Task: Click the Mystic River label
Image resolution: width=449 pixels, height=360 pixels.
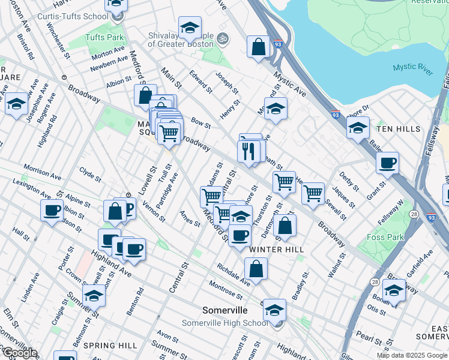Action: click(413, 68)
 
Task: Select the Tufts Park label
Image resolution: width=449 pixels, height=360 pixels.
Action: click(104, 37)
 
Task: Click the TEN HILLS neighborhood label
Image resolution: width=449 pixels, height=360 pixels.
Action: click(396, 129)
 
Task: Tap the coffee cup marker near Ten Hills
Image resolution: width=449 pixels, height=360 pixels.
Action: click(387, 163)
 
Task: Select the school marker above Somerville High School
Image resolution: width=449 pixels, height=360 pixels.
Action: click(274, 310)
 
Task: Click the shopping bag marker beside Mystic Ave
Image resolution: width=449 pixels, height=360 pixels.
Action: click(258, 47)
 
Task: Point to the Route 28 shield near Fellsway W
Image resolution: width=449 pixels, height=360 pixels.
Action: click(414, 214)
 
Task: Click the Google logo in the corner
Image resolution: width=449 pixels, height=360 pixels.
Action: click(20, 353)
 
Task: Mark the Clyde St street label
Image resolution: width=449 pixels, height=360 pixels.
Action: click(90, 175)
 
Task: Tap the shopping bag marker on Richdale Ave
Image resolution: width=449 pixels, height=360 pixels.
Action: click(256, 269)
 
